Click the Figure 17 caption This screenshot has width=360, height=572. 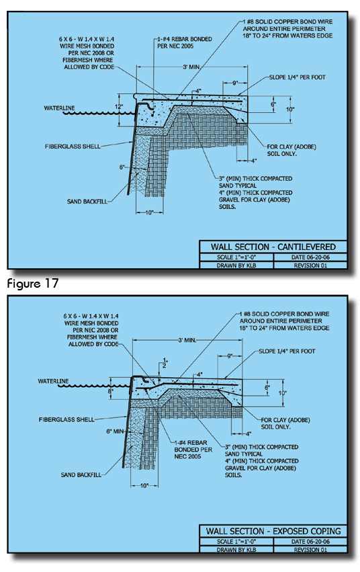point(33,284)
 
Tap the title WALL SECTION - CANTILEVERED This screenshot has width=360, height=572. point(273,247)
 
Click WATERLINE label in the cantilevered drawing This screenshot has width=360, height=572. point(59,108)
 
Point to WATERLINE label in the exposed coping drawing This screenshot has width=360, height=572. point(53,381)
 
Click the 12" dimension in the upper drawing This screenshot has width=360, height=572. point(119,107)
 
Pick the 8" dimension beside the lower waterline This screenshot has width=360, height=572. point(110,391)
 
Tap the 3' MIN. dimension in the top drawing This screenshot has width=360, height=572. point(191,67)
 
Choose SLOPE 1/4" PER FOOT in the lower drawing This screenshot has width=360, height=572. point(287,351)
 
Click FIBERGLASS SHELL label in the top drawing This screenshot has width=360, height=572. point(73,147)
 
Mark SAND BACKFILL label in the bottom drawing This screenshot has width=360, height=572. point(81,475)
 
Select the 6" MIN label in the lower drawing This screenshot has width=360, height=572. point(115,432)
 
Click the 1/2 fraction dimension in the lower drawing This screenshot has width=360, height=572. point(165,363)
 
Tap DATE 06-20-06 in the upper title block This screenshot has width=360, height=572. point(310,257)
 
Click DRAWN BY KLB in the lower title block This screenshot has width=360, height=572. point(236,550)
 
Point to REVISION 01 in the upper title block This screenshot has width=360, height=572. point(310,265)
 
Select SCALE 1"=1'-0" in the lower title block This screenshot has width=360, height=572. point(236,541)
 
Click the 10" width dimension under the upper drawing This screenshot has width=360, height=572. point(149,212)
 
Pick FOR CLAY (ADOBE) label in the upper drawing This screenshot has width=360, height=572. point(291,147)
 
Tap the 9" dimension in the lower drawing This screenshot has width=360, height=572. point(230,356)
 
